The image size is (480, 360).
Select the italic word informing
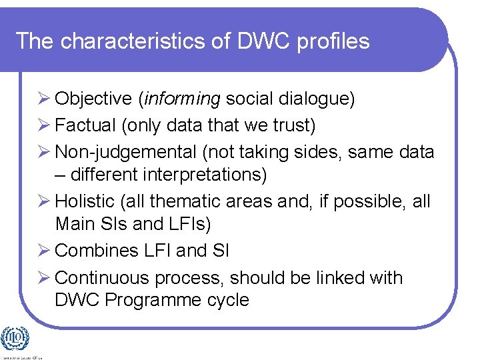pyautogui.click(x=181, y=99)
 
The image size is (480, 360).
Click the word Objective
pyautogui.click(x=93, y=99)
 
